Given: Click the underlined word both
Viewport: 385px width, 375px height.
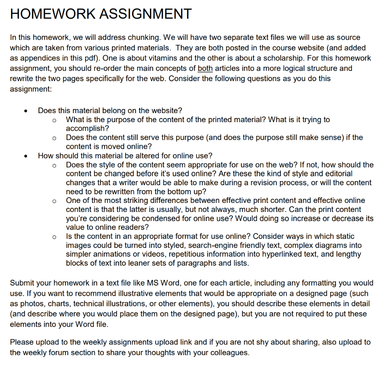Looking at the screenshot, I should pyautogui.click(x=205, y=68).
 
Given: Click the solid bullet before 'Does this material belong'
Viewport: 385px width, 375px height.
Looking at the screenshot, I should pyautogui.click(x=25, y=111).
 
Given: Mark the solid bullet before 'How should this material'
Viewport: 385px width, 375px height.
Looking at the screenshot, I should pyautogui.click(x=25, y=156).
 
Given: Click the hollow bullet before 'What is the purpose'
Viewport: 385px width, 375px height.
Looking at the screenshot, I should pyautogui.click(x=55, y=120).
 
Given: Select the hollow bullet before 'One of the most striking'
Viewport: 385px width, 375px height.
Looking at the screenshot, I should pyautogui.click(x=55, y=201).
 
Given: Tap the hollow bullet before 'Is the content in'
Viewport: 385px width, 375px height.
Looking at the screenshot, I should pyautogui.click(x=55, y=237).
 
